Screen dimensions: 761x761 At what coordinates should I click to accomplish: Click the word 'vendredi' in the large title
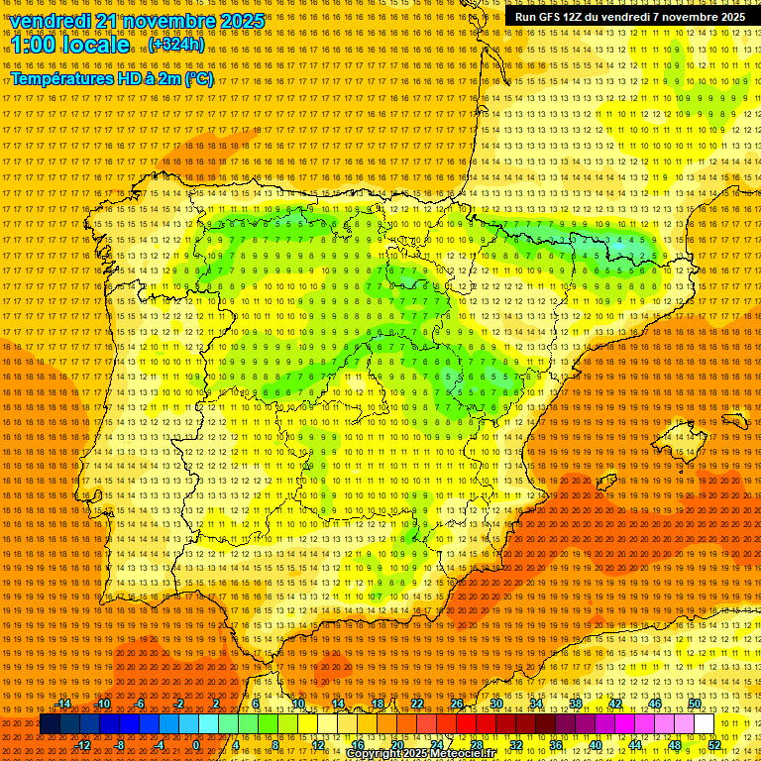(x=54, y=21)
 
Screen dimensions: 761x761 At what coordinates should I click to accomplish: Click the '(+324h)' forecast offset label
(x=176, y=45)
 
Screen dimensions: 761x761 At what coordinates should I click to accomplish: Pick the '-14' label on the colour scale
(x=64, y=704)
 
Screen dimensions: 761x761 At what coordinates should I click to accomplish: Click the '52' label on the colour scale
(x=714, y=744)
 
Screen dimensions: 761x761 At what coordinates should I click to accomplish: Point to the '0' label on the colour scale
(x=196, y=744)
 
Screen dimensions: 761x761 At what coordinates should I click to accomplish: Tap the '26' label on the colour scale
(x=457, y=704)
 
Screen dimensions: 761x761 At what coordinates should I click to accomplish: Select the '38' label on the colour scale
(x=576, y=704)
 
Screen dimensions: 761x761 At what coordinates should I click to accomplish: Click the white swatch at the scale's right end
(x=705, y=724)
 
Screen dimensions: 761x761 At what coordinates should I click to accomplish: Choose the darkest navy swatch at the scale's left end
(x=50, y=724)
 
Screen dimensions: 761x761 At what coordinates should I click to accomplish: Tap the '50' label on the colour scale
(x=695, y=704)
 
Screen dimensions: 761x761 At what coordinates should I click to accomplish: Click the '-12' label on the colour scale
(x=83, y=744)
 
